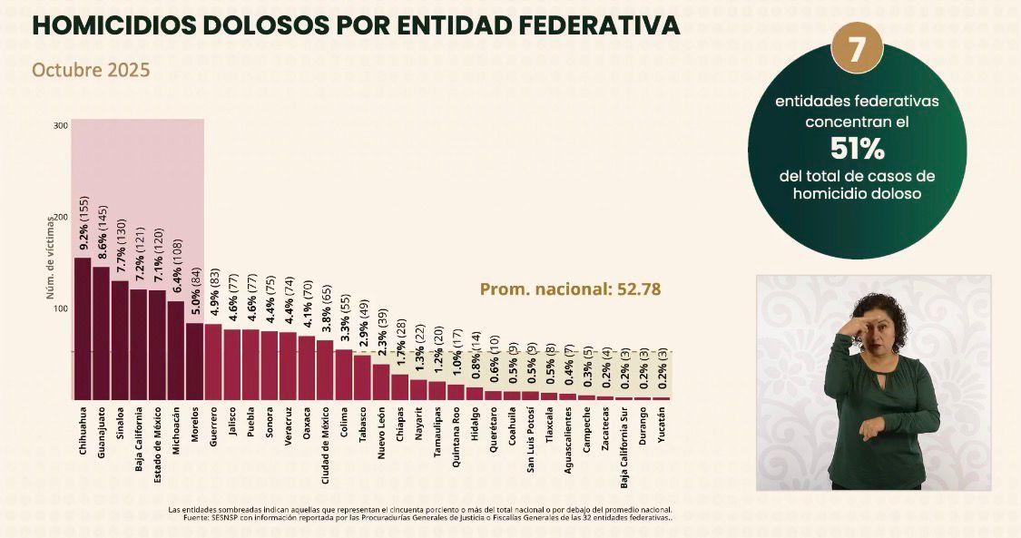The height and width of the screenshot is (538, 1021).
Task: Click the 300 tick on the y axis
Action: point(61,125)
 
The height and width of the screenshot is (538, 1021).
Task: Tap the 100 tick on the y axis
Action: point(61,308)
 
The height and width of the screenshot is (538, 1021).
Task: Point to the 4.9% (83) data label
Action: point(214,289)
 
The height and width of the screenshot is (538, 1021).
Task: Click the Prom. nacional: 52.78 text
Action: point(570,289)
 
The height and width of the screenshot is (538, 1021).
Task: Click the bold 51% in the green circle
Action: point(858,147)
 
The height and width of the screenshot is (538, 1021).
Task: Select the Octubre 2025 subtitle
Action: point(91,70)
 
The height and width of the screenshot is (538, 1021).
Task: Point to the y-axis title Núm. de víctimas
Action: point(52,263)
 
